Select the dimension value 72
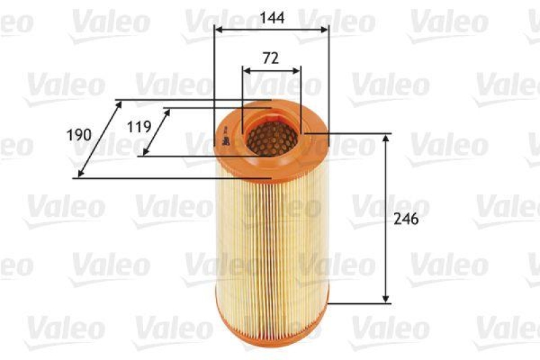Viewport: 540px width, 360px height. pyautogui.click(x=270, y=58)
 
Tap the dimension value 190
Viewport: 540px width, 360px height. pyautogui.click(x=79, y=134)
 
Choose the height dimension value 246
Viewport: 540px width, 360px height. pyautogui.click(x=408, y=220)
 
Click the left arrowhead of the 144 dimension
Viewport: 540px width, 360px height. pyautogui.click(x=217, y=29)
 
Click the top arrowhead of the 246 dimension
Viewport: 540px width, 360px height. pyautogui.click(x=385, y=138)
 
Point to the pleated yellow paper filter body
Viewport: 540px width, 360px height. pyautogui.click(x=270, y=243)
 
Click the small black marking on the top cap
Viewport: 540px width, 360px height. pyautogui.click(x=222, y=142)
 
